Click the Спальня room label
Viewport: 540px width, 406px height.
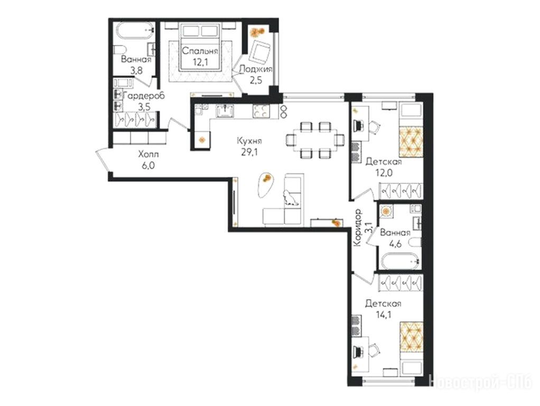point(200,51)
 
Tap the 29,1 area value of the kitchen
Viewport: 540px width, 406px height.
point(249,152)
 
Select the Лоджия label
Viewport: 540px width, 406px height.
point(256,69)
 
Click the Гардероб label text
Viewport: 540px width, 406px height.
point(144,96)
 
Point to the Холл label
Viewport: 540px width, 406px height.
point(148,154)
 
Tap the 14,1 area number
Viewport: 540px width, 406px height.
point(383,315)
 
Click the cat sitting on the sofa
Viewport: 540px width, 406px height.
point(290,199)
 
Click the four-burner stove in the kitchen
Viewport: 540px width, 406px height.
point(261,111)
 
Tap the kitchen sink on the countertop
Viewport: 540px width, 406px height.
point(226,111)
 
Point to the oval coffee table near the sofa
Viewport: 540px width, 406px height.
point(265,184)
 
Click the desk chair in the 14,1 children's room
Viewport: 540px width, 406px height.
point(375,350)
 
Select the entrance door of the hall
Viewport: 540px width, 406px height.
point(103,160)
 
